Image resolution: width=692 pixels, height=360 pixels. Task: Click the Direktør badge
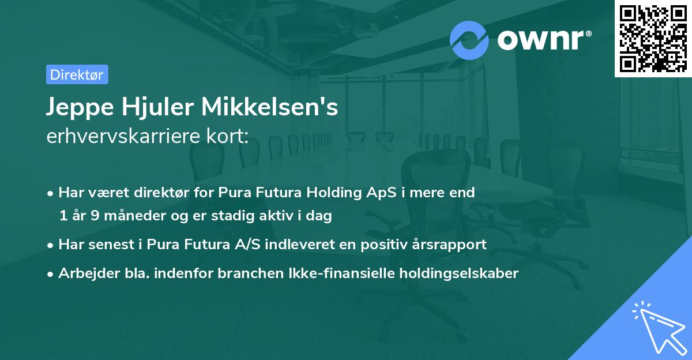[77, 74]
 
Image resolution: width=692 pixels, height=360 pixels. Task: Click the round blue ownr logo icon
[469, 40]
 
